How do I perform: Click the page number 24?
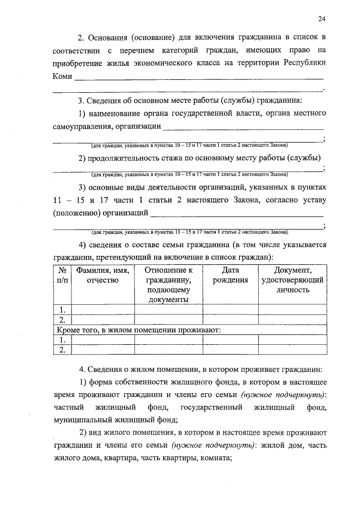pos(322,19)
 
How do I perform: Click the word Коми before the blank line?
pos(62,76)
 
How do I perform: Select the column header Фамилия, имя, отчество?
pos(102,275)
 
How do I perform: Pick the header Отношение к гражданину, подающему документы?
pos(168,285)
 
